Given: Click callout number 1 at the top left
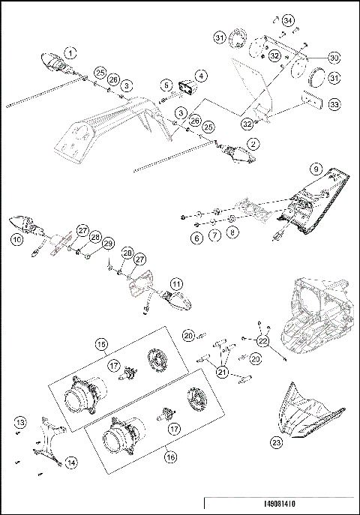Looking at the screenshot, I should pos(69,52).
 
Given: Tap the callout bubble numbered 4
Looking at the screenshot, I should pos(200,76).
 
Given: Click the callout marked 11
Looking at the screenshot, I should pos(175,284).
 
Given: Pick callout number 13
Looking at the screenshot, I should pos(20,424).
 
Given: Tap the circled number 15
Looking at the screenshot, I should pos(100,344).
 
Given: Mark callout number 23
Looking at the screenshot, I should pos(277,443).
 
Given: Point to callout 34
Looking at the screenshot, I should pos(288,19).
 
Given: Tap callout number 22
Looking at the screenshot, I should pos(262,341).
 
